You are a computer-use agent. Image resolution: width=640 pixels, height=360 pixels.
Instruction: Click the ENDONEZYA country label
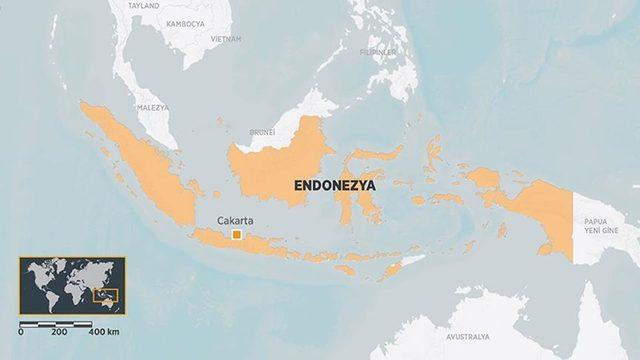tap(334, 185)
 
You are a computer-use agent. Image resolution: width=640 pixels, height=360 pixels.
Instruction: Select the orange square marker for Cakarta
tap(236, 235)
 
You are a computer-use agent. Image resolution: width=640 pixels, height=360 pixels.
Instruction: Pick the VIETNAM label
tap(225, 38)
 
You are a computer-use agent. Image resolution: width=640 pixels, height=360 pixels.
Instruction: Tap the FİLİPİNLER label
tap(378, 51)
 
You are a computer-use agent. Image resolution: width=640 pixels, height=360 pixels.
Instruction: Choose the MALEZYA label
tap(152, 107)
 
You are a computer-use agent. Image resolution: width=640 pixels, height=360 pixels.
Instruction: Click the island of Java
tap(250, 242)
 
